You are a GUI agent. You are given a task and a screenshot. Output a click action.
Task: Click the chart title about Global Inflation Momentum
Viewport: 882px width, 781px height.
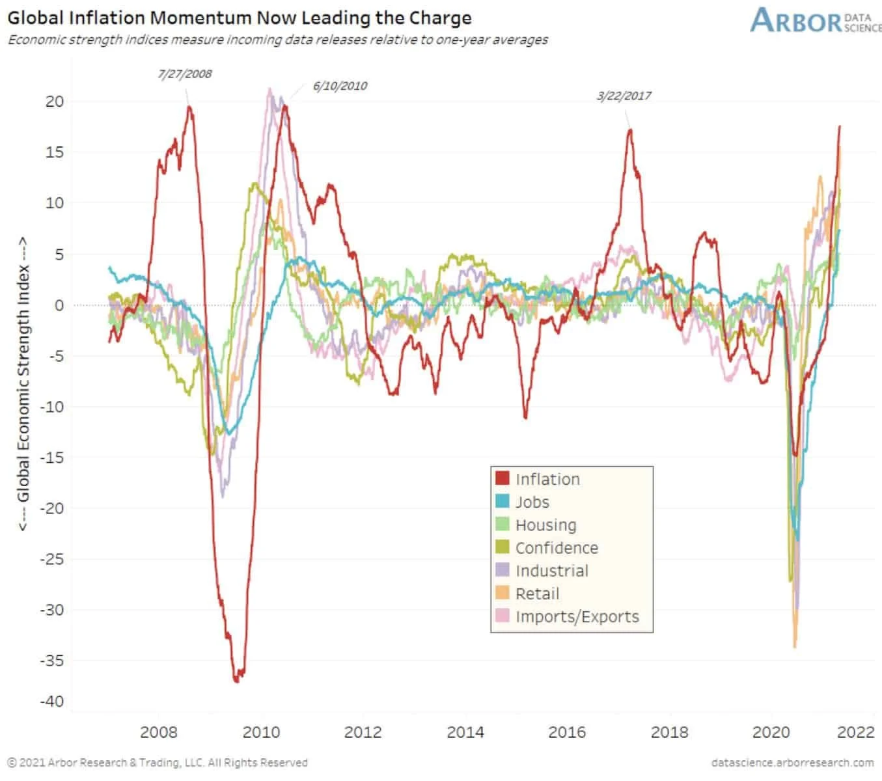pos(239,18)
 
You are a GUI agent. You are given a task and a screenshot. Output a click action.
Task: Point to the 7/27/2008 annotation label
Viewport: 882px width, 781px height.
pos(185,74)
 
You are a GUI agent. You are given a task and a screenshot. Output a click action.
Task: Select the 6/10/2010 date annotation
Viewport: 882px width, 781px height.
pos(340,86)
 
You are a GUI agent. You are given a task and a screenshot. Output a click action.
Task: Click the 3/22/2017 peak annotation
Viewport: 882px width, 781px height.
pos(624,96)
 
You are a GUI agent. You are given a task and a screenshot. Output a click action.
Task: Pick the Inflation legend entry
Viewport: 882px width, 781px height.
pos(547,479)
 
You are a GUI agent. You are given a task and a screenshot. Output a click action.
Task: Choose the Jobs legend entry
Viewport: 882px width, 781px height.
pos(532,502)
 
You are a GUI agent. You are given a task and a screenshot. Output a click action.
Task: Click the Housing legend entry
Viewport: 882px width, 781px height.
pos(545,525)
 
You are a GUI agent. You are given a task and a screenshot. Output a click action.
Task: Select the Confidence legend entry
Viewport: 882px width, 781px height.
pos(556,548)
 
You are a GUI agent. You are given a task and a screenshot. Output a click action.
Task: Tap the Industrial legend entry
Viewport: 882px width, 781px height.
pos(551,571)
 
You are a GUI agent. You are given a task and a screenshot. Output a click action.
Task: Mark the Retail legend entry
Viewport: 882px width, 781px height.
pos(537,594)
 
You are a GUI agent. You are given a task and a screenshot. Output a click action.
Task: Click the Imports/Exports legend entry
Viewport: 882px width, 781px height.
pos(577,616)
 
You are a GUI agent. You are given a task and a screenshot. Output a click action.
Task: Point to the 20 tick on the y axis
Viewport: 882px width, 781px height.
pos(55,101)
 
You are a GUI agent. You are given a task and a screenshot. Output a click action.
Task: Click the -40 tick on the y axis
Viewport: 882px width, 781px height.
pos(52,701)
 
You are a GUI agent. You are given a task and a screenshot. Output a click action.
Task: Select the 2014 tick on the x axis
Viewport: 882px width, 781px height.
pos(465,732)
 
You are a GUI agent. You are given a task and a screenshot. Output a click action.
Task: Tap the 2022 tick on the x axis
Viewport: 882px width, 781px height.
pos(855,732)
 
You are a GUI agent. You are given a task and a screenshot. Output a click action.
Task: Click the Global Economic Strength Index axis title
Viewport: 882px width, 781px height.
pos(23,383)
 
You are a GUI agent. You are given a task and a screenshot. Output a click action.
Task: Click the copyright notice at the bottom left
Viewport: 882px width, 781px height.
pos(157,763)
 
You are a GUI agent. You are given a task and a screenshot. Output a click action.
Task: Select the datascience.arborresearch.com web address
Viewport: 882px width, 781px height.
pos(792,763)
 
